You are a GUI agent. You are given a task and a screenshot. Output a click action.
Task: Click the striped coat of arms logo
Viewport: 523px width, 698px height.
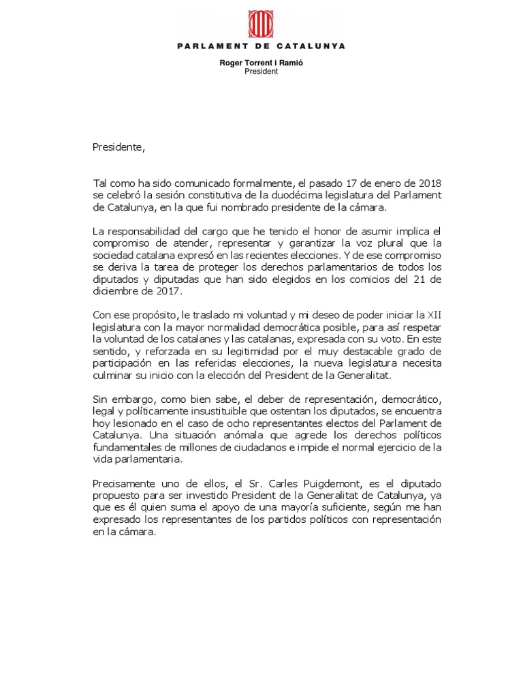coord(261,22)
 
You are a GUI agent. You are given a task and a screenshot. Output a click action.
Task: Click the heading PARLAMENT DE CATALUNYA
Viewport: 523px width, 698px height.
coord(261,46)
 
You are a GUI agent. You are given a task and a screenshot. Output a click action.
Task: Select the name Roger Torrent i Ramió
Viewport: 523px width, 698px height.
coord(261,63)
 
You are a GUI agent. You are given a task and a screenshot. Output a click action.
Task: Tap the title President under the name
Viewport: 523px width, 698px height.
coord(261,72)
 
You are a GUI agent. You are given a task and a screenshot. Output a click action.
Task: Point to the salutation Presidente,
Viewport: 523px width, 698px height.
coord(119,147)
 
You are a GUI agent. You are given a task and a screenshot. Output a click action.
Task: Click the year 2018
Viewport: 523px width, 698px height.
coord(428,183)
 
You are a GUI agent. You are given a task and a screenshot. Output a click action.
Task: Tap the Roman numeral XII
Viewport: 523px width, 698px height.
coord(434,315)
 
